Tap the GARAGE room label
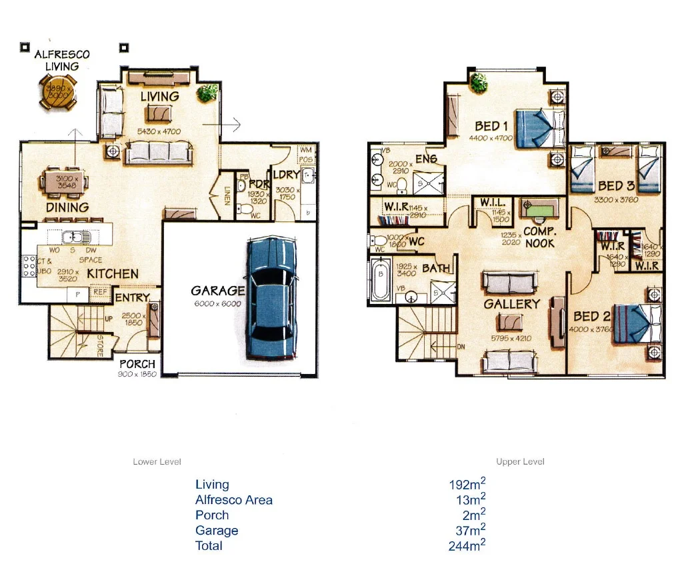coord(217,291)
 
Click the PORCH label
coord(137,364)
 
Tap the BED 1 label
coord(492,126)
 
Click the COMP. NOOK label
coord(539,237)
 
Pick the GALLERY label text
coord(511,304)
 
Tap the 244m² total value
coord(467,546)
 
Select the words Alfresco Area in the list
coord(233,500)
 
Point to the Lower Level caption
coord(157,462)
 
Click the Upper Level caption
coord(520,462)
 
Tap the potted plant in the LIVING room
coord(207,93)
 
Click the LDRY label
coord(285,177)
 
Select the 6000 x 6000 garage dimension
coord(217,304)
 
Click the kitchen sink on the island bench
coord(71,237)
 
